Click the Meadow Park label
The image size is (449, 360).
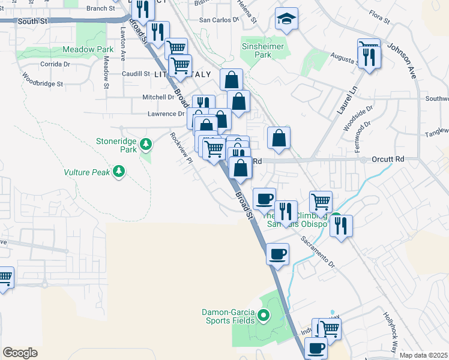click(x=88, y=50)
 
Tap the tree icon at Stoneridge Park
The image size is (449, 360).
click(x=145, y=144)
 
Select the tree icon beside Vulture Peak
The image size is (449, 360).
click(x=119, y=172)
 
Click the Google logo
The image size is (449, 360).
click(x=20, y=353)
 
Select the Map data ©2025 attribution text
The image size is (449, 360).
click(x=424, y=355)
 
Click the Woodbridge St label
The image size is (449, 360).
click(x=43, y=80)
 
